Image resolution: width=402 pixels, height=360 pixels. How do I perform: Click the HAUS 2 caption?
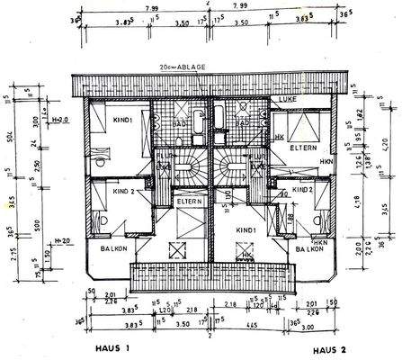click(332, 350)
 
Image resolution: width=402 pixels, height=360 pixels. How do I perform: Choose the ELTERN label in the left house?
click(189, 202)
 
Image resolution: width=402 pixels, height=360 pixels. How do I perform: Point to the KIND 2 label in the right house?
click(302, 190)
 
